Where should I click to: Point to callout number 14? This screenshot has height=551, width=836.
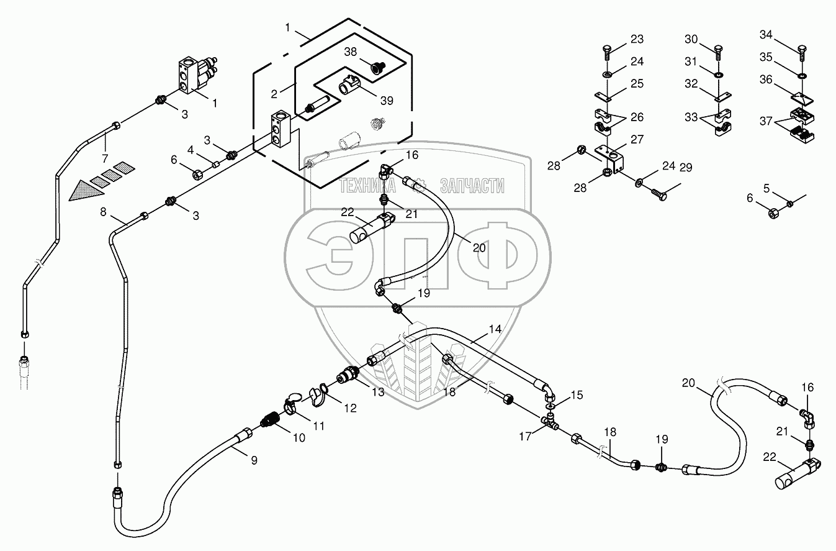pos(495,329)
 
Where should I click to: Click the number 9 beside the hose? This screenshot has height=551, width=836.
pos(254,460)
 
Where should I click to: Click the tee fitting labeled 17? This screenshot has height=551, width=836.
pos(551,422)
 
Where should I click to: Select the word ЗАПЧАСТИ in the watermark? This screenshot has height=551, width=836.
pos(472,185)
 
